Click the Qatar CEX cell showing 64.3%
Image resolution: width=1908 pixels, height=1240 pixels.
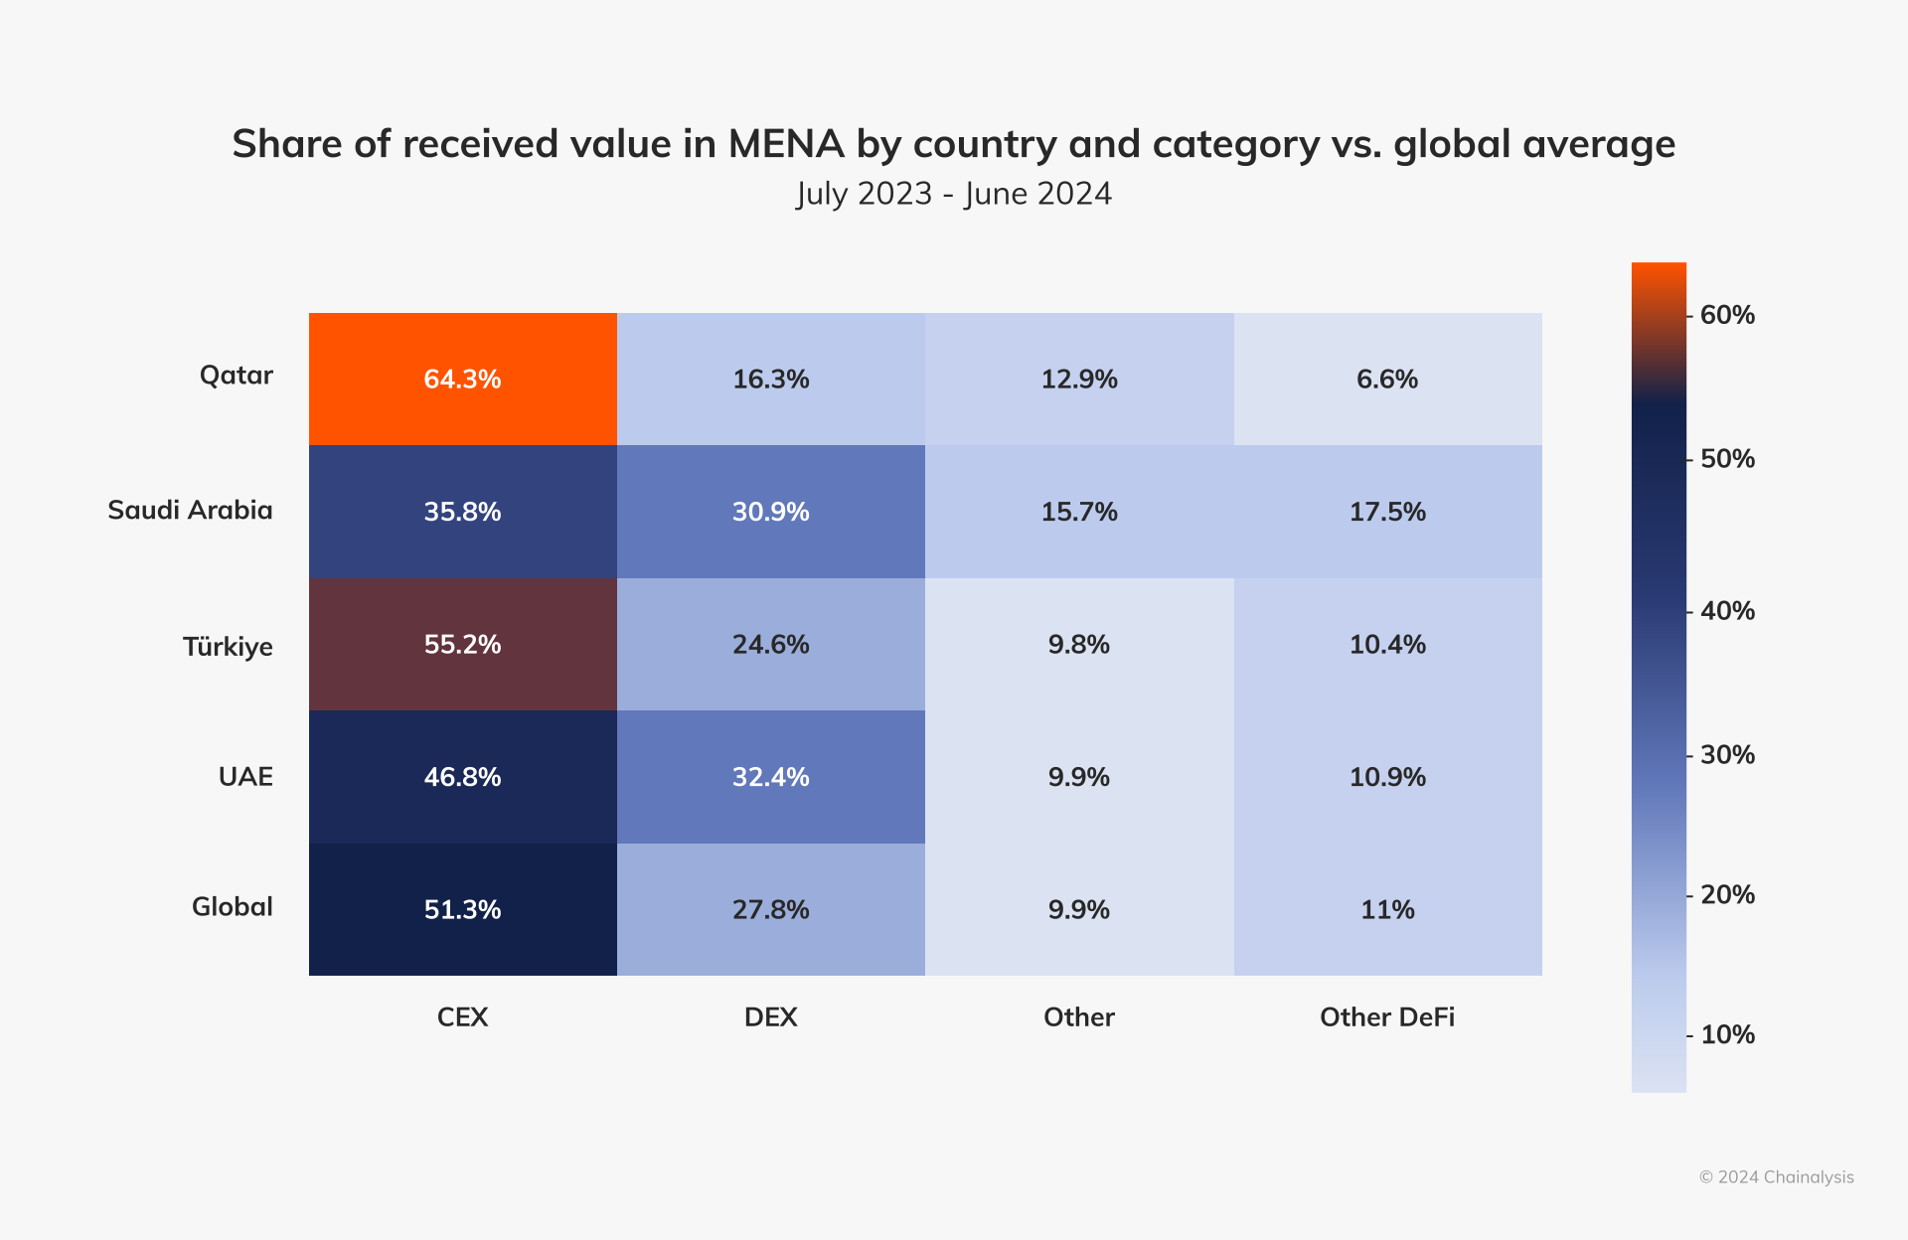(x=462, y=379)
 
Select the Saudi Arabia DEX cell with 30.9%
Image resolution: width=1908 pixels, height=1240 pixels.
(x=770, y=512)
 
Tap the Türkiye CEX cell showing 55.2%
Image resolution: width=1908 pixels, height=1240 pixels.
(x=462, y=644)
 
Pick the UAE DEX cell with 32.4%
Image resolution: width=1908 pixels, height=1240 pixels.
(x=770, y=776)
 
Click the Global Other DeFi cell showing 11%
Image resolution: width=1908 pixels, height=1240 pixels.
(x=1387, y=909)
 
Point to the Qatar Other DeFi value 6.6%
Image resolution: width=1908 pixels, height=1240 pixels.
(x=1387, y=379)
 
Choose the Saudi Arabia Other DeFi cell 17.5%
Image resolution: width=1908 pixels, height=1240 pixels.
(x=1387, y=512)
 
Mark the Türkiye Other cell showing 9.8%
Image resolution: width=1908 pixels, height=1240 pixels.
(x=1078, y=644)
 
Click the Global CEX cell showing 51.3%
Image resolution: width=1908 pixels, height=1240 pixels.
(x=462, y=909)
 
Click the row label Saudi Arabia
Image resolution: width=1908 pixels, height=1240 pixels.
(x=190, y=510)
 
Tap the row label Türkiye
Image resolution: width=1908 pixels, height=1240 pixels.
(x=228, y=647)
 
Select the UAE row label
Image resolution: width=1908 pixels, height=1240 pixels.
(x=245, y=776)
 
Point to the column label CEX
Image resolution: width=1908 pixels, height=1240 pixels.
(x=462, y=1016)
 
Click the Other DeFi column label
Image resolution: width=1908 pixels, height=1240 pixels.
(x=1386, y=1016)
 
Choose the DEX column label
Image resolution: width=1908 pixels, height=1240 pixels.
(x=770, y=1016)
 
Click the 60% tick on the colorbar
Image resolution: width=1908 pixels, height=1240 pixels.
(x=1727, y=315)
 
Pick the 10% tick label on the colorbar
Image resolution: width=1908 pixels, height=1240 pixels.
(x=1727, y=1034)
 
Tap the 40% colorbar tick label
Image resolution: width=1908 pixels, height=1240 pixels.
(x=1727, y=610)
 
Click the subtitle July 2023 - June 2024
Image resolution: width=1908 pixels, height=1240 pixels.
(x=953, y=193)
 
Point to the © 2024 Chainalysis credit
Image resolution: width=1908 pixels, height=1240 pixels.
(x=1776, y=1176)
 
